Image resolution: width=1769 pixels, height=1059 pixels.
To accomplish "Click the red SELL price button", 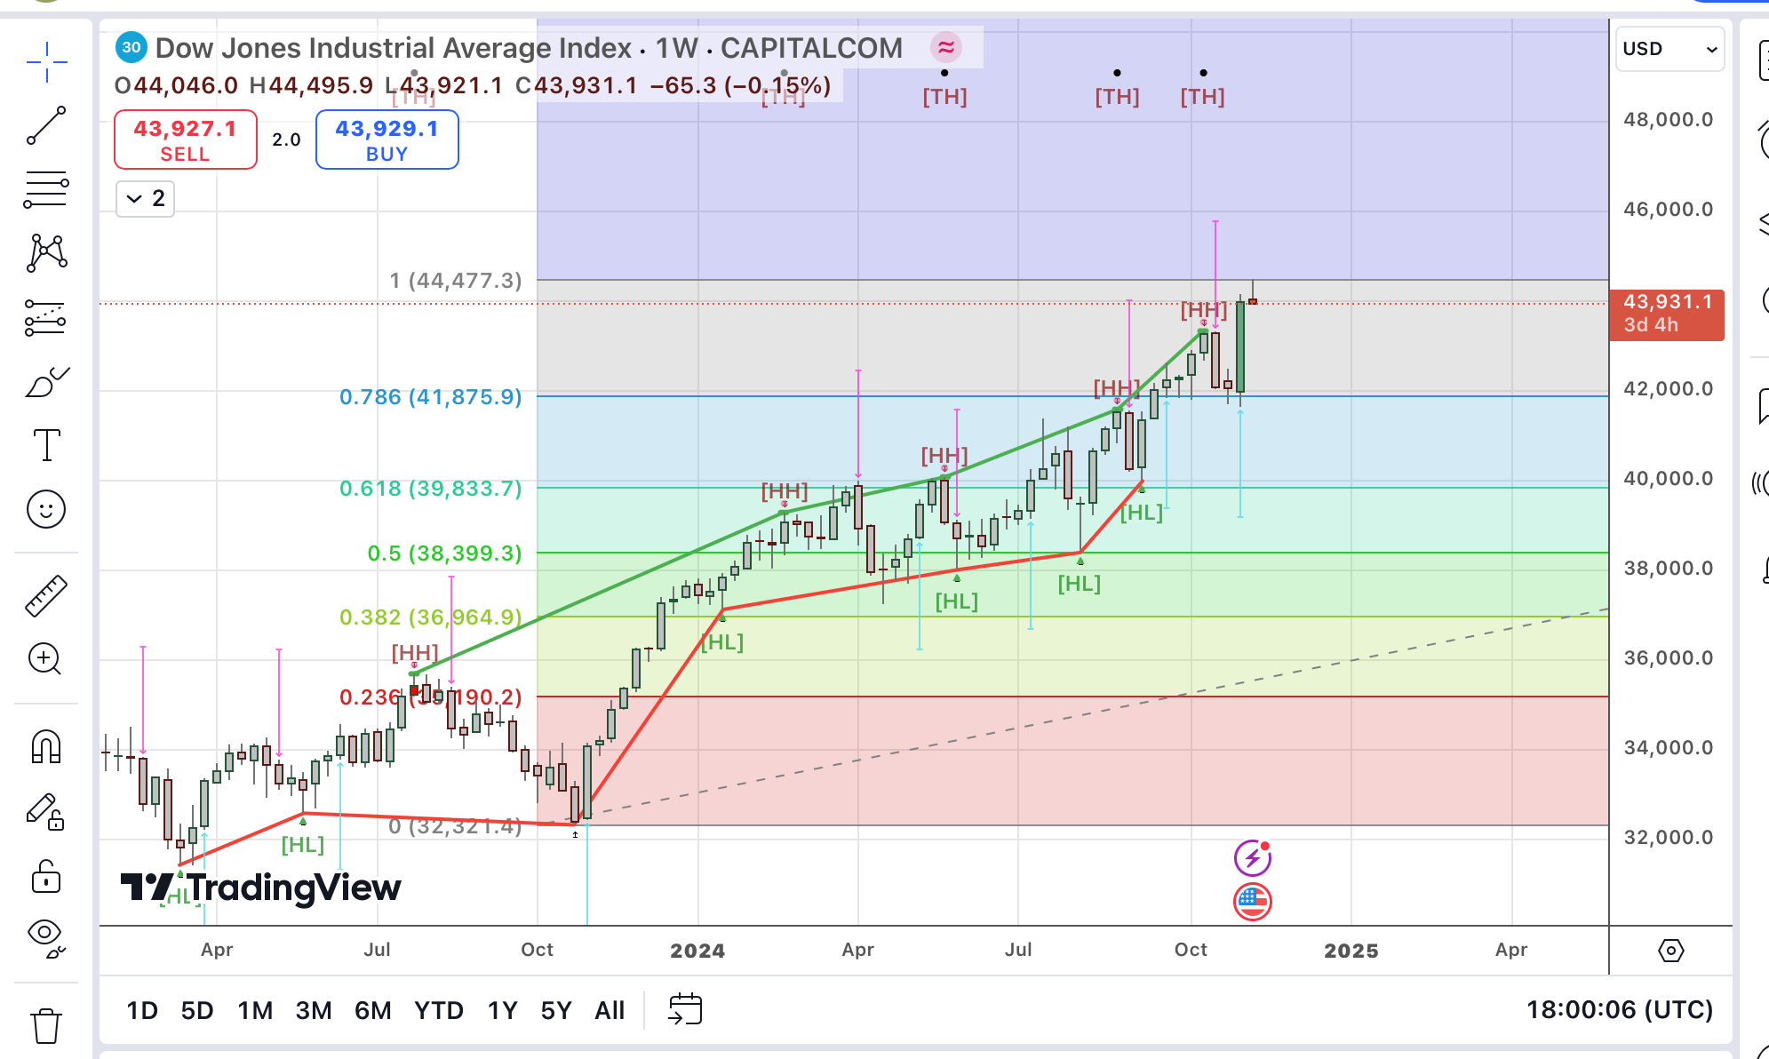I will pyautogui.click(x=185, y=139).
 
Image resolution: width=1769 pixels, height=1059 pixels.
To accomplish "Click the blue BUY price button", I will pyautogui.click(x=386, y=139).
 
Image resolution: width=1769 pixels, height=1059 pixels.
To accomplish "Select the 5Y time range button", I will pyautogui.click(x=555, y=1010).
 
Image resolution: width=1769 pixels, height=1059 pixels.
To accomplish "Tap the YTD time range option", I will pyautogui.click(x=438, y=1010).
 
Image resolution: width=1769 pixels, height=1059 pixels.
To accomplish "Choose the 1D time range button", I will pyautogui.click(x=142, y=1010).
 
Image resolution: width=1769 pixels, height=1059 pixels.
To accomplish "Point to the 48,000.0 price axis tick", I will pyautogui.click(x=1668, y=120).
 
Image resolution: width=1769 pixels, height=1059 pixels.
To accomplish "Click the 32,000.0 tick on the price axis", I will pyautogui.click(x=1668, y=837).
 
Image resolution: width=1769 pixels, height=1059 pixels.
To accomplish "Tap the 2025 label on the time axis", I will pyautogui.click(x=1351, y=951).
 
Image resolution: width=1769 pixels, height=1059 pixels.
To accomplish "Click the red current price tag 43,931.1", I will pyautogui.click(x=1666, y=314).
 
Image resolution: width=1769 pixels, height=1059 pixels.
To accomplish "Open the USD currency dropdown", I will pyautogui.click(x=1669, y=49).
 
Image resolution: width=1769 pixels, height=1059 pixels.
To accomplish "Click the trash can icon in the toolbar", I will pyautogui.click(x=46, y=1026).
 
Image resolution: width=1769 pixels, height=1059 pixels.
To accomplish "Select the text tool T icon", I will pyautogui.click(x=46, y=445).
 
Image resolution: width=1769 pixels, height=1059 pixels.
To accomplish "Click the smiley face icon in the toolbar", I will pyautogui.click(x=46, y=510).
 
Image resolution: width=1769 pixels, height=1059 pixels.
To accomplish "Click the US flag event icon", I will pyautogui.click(x=1252, y=902).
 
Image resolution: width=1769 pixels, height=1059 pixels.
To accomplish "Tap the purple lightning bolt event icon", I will pyautogui.click(x=1252, y=858).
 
